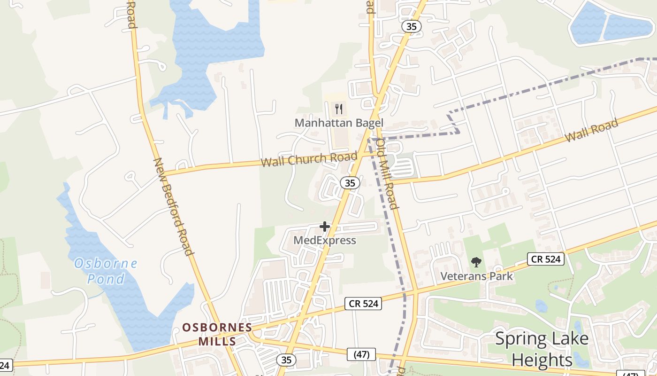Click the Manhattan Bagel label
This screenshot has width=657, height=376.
tap(339, 123)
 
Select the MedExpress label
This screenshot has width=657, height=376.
tap(325, 241)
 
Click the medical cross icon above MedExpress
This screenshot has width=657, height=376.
tap(324, 227)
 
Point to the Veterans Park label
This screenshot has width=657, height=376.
tap(476, 276)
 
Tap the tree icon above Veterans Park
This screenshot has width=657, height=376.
tap(476, 262)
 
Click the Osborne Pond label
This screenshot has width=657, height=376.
tap(106, 271)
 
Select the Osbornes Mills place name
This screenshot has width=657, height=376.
tap(217, 334)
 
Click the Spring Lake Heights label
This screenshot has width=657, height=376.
tap(542, 349)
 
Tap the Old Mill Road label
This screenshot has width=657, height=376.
tap(388, 174)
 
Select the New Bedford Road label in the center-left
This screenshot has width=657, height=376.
tap(174, 206)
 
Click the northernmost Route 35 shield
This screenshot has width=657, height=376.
tap(411, 26)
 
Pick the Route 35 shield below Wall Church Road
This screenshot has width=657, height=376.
tap(350, 183)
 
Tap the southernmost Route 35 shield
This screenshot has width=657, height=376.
tap(286, 360)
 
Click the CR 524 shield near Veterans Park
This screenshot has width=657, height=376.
tap(545, 258)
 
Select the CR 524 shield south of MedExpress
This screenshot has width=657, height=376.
tap(364, 304)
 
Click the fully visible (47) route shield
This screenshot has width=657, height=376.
tap(361, 354)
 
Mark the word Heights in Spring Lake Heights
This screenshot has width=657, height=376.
tap(542, 360)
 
